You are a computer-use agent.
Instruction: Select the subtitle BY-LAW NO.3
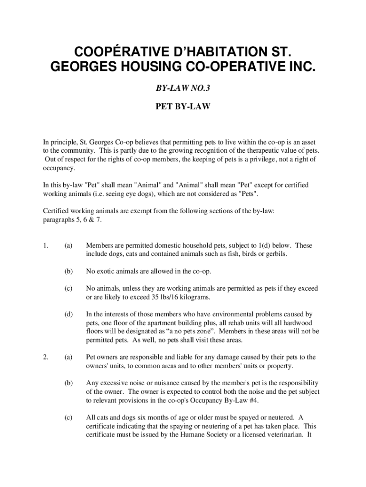click(x=183, y=88)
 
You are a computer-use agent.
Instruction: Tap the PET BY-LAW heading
click(x=183, y=107)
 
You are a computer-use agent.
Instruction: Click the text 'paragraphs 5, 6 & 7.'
click(x=72, y=220)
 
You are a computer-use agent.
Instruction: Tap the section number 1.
click(x=45, y=246)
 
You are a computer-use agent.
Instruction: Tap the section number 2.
click(x=45, y=357)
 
